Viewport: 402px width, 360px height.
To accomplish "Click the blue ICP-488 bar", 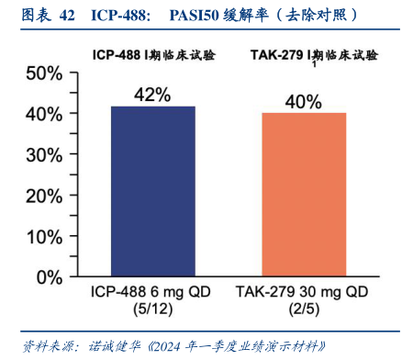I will point(153,190).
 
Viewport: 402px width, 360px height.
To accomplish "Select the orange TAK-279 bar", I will point(304,194).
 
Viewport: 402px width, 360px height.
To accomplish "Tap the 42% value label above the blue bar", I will point(153,95).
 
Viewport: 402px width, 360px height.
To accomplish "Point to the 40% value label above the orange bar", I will point(304,101).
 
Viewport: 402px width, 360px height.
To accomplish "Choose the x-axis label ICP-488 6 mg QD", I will point(153,291).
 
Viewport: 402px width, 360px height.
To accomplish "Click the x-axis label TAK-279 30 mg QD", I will point(304,291).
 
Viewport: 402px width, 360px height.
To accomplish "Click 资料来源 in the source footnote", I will point(43,345).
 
